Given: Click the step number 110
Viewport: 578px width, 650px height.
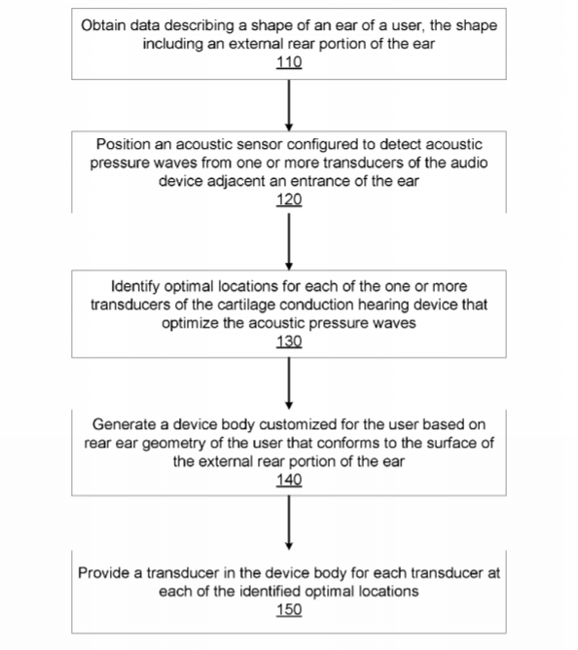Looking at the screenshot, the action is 289,62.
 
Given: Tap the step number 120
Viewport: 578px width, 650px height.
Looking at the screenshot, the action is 289,199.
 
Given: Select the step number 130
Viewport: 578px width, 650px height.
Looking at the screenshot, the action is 289,342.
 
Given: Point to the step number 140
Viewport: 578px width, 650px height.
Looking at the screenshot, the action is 289,480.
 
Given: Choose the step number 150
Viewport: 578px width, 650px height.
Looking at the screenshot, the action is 289,610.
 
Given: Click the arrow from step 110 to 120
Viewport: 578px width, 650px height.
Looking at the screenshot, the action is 289,105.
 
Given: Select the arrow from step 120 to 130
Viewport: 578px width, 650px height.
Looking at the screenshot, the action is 289,241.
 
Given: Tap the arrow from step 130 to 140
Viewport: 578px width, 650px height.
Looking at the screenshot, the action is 289,383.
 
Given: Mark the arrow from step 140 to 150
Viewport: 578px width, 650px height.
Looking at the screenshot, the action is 289,523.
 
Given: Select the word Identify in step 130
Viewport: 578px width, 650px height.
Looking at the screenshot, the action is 135,286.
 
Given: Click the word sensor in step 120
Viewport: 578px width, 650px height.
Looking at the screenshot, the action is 257,144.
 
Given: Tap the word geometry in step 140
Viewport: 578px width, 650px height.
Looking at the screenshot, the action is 174,443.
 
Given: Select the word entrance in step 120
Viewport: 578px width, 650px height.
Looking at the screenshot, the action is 323,181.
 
